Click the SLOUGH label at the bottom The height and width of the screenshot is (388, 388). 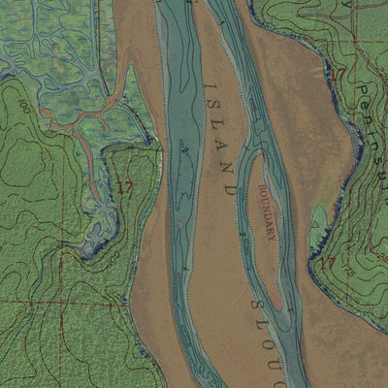pyautogui.click(x=276, y=335)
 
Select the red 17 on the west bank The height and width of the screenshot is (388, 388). pyautogui.click(x=123, y=185)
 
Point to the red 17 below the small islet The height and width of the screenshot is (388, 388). pyautogui.click(x=327, y=263)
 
